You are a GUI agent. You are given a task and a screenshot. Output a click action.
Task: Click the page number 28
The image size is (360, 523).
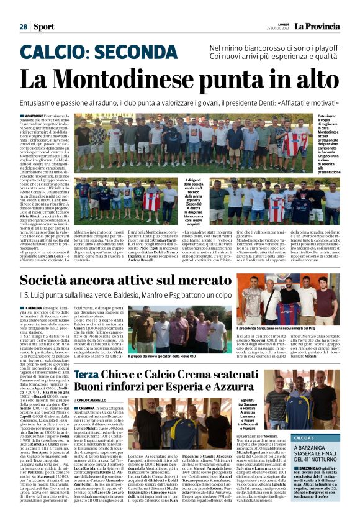(x=23, y=27)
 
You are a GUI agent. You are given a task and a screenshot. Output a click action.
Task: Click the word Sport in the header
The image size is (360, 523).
(x=44, y=27)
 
